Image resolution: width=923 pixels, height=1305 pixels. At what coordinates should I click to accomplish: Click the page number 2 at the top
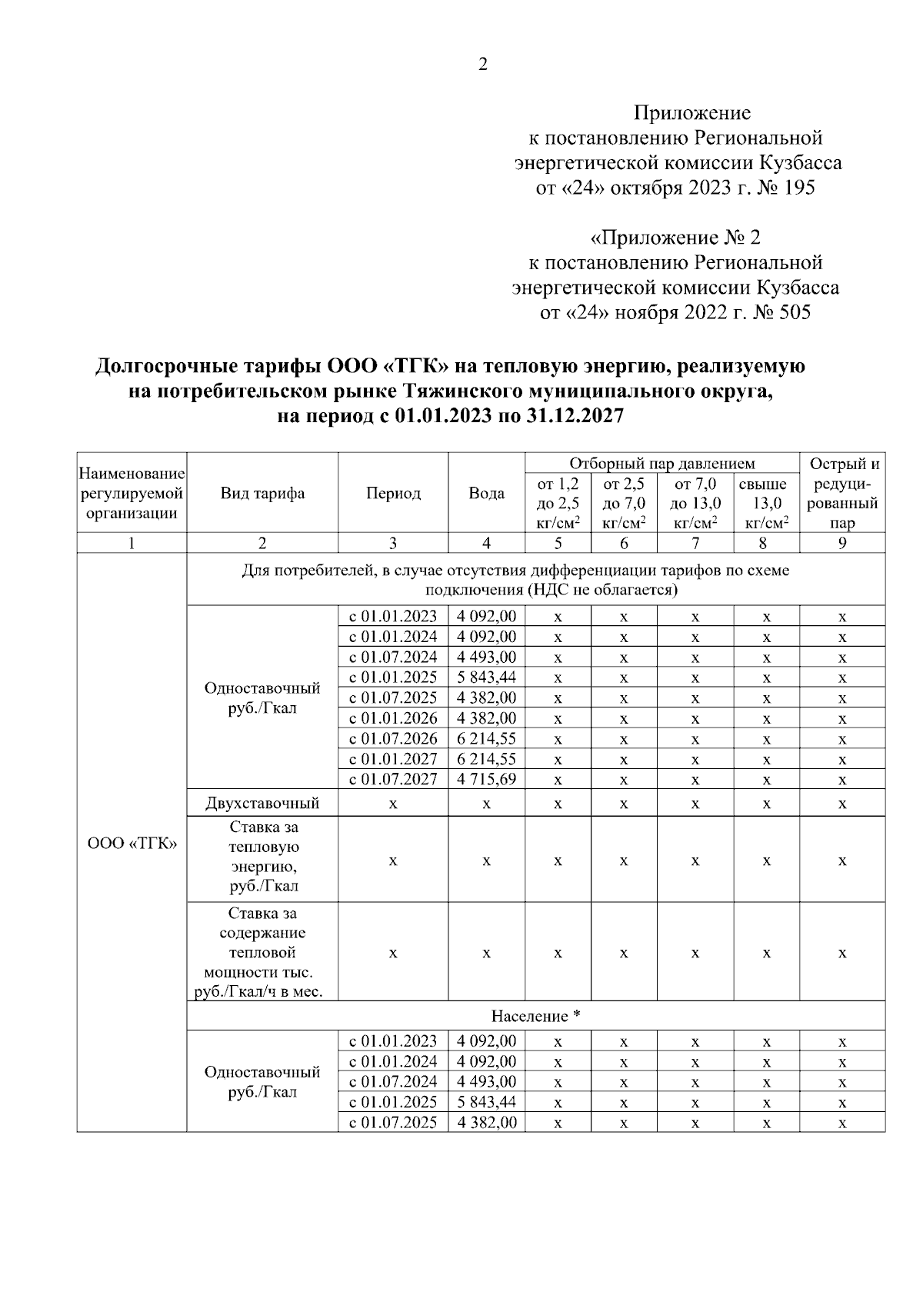483,65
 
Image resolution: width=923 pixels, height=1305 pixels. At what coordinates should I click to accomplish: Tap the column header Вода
486,494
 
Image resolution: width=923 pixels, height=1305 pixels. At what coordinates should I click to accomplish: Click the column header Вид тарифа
262,494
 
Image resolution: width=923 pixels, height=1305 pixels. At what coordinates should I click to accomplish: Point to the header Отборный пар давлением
661,464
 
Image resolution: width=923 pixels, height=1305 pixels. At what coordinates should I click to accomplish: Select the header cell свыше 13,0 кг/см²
766,504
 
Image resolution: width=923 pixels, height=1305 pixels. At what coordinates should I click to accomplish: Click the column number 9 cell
842,543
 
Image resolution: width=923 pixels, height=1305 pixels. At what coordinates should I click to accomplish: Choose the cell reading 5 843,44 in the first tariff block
486,677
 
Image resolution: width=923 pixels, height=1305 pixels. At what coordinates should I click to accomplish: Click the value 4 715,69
486,779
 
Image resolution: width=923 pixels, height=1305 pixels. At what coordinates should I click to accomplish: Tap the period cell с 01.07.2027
393,779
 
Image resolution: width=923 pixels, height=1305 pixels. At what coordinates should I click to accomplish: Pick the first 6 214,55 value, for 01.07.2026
486,738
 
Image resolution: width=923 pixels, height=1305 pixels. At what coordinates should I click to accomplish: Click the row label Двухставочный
262,804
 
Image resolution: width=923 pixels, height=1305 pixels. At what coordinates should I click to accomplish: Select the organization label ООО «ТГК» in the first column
132,843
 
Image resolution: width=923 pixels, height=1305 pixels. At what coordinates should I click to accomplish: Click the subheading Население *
535,1017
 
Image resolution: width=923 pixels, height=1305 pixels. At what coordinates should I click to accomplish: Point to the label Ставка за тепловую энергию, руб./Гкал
263,857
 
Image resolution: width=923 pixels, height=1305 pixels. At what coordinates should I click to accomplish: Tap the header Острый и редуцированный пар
842,494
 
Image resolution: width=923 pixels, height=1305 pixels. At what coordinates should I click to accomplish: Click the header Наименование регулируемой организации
132,494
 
